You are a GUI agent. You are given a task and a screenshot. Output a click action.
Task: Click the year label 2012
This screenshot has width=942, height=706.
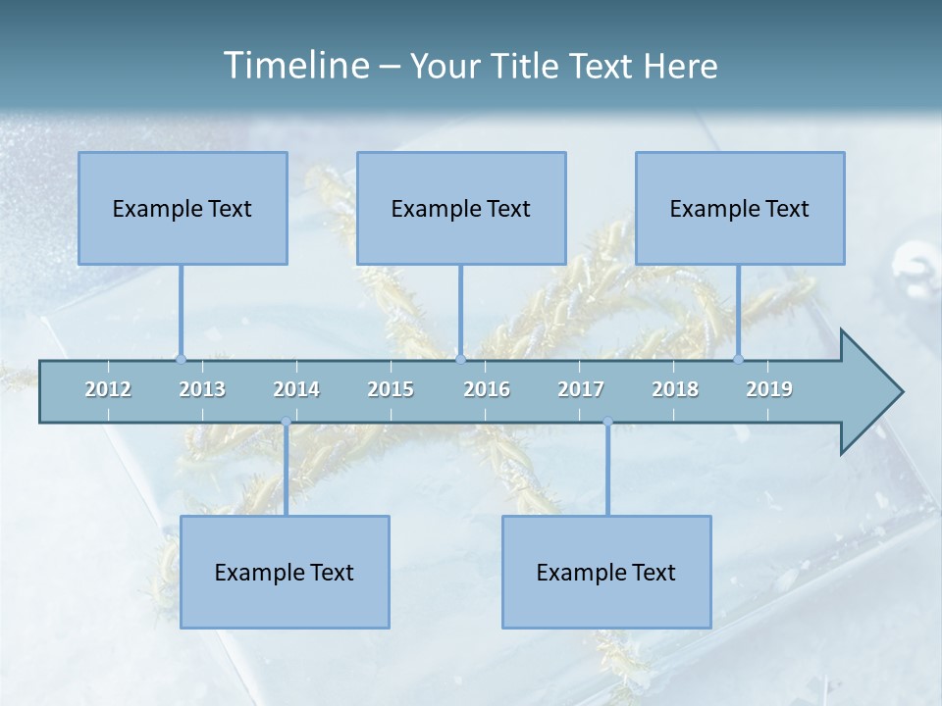click(x=108, y=389)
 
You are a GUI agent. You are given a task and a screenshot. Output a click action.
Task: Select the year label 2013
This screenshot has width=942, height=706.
click(x=202, y=389)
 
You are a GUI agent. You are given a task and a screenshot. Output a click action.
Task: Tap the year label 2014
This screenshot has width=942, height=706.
click(x=296, y=389)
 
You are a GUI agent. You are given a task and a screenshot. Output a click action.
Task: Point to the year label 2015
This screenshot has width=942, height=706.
click(x=391, y=389)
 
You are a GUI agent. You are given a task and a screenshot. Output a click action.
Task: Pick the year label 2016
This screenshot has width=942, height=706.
click(x=487, y=389)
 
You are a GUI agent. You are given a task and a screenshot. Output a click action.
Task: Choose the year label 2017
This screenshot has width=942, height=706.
click(x=581, y=389)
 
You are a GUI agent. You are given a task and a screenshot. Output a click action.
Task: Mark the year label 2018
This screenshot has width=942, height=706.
click(x=675, y=389)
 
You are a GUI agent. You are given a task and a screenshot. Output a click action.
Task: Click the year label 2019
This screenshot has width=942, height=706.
click(x=769, y=389)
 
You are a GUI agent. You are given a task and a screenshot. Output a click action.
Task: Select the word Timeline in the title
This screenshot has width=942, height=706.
click(x=295, y=66)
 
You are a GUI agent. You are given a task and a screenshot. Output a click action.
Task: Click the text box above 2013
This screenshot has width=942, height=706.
click(x=183, y=208)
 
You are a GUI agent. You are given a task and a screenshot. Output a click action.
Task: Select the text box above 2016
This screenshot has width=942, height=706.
click(x=461, y=208)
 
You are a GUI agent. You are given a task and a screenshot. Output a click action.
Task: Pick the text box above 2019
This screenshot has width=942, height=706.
click(x=740, y=208)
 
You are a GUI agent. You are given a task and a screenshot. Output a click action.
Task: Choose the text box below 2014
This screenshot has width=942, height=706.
click(x=285, y=572)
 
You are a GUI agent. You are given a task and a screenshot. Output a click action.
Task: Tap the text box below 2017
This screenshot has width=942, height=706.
click(x=606, y=572)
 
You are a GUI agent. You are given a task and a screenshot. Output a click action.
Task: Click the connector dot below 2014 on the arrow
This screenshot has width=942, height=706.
click(x=286, y=423)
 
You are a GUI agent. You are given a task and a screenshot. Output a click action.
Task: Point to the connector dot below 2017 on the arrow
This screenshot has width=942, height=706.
click(x=607, y=423)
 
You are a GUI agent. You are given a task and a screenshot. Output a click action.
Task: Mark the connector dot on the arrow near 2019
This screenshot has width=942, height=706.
click(x=739, y=359)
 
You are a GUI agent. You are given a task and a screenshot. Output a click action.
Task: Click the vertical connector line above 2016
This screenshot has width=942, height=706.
click(x=460, y=309)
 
